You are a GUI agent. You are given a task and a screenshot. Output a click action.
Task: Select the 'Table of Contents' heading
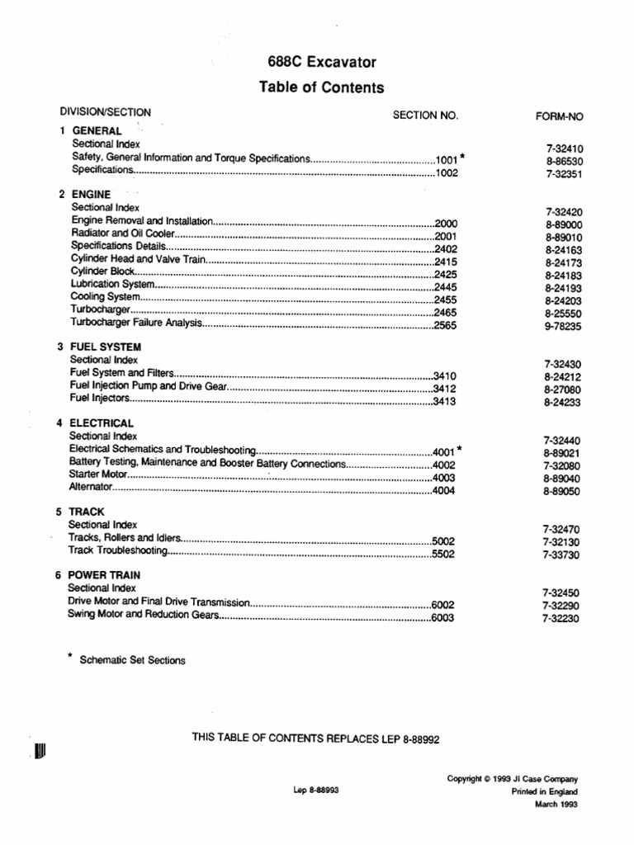pyautogui.click(x=321, y=87)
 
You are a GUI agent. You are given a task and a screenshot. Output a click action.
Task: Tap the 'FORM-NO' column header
pyautogui.click(x=560, y=116)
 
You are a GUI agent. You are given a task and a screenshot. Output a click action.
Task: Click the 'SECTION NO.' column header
pyautogui.click(x=424, y=116)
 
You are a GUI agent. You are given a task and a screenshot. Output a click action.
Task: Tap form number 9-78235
pyautogui.click(x=563, y=326)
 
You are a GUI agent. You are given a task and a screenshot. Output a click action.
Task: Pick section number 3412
pyautogui.click(x=444, y=388)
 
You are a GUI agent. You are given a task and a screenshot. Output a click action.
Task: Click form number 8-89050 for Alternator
pyautogui.click(x=562, y=491)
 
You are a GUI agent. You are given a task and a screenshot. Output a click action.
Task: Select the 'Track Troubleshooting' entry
pyautogui.click(x=119, y=550)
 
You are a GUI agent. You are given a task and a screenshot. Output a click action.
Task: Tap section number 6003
pyautogui.click(x=443, y=616)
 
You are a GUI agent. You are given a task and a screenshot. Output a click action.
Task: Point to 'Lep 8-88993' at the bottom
pyautogui.click(x=316, y=790)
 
